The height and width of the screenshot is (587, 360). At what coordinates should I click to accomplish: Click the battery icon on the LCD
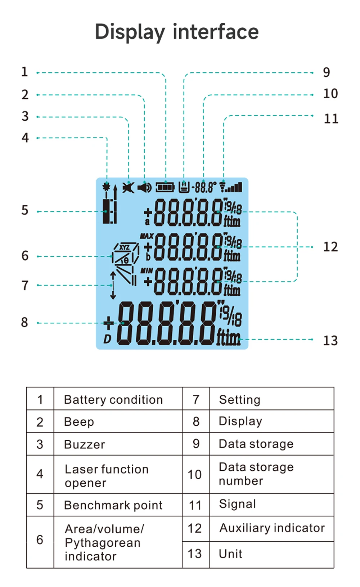pos(165,188)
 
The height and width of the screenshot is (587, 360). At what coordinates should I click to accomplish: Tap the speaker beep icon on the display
pos(145,188)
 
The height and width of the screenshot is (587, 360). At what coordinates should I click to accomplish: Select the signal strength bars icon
pos(231,187)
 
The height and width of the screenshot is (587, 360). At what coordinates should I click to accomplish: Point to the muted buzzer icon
pos(128,188)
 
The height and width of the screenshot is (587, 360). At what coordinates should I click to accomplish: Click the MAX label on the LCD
pos(147,236)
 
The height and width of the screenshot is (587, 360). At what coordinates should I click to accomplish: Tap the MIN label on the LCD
pos(147,270)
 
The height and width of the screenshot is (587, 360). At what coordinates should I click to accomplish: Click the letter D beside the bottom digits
pos(107,339)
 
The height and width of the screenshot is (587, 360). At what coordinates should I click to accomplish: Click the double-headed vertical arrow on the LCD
pos(113,285)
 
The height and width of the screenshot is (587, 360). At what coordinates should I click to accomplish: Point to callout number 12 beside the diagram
pos(330,247)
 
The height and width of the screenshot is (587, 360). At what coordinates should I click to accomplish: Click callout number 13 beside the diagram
pos(330,341)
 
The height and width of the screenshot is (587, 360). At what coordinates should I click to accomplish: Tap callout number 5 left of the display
pos(25,210)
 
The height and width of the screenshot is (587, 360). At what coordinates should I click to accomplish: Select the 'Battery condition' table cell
pos(113,400)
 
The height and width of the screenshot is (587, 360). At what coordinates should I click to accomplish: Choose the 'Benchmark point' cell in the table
pos(113,505)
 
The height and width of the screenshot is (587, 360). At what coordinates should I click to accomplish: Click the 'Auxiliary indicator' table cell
pos(272,528)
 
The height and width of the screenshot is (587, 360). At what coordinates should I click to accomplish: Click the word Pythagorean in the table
pos(103,543)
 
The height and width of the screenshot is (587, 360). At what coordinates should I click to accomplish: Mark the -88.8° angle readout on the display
pos(204,188)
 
